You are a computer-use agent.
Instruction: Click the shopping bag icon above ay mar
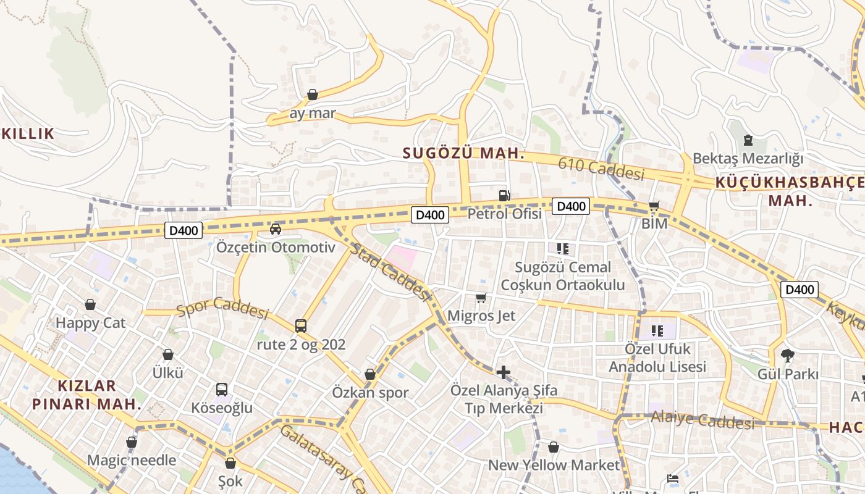point(313,94)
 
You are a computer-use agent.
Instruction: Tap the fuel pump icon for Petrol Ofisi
point(505,195)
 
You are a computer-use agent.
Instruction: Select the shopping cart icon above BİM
point(654,206)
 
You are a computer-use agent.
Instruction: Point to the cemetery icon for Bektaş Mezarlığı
point(748,140)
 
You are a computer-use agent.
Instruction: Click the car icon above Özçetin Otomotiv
point(276,229)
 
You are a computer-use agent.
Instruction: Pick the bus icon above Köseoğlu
point(222,390)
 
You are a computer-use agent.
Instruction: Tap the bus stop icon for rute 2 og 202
point(301,325)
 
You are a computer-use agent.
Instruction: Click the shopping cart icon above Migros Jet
point(481,298)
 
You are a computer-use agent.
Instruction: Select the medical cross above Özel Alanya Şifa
point(504,372)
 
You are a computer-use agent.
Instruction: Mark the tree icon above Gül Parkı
point(787,356)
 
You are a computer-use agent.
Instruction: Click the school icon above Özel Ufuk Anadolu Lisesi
point(657,330)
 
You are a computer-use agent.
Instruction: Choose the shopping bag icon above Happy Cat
point(90,304)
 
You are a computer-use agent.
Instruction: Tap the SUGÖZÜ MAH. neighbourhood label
point(463,153)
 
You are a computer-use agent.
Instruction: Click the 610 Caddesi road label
point(601,168)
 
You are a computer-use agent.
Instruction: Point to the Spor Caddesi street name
point(222,309)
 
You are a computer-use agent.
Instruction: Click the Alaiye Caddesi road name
point(702,421)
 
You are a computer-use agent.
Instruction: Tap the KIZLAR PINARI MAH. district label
point(86,395)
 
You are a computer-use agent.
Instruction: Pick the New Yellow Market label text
point(554,465)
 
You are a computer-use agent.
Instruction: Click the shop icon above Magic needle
point(131,442)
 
